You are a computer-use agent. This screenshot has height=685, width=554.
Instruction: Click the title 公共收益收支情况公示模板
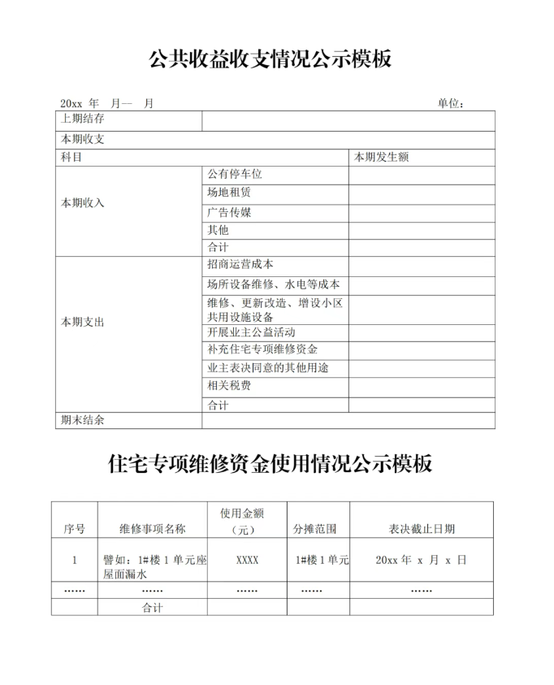click(271, 59)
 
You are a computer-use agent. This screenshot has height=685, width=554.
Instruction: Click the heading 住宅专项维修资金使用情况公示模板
click(271, 464)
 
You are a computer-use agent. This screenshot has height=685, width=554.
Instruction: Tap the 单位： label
click(451, 104)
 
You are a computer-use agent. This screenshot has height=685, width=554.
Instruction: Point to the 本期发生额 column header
click(382, 157)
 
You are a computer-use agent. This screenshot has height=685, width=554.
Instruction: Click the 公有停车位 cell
click(235, 174)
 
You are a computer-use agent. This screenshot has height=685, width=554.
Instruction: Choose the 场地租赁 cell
click(229, 193)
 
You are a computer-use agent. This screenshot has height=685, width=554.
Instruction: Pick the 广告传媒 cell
click(229, 212)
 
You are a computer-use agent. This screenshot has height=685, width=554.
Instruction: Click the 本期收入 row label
click(83, 202)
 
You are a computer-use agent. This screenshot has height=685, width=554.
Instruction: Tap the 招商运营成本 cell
click(240, 264)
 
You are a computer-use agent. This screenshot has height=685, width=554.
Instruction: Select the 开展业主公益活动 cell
click(251, 332)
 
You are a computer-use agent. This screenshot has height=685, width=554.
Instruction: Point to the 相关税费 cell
click(229, 385)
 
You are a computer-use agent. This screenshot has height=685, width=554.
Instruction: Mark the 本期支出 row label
click(83, 322)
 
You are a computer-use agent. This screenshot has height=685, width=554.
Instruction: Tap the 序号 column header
click(74, 529)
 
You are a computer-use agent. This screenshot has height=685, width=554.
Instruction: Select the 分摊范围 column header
click(315, 529)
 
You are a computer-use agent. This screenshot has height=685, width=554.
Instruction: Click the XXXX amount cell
click(248, 561)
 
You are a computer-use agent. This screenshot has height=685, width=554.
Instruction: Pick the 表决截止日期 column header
click(422, 529)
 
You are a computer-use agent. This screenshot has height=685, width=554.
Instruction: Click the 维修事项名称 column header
click(152, 529)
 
